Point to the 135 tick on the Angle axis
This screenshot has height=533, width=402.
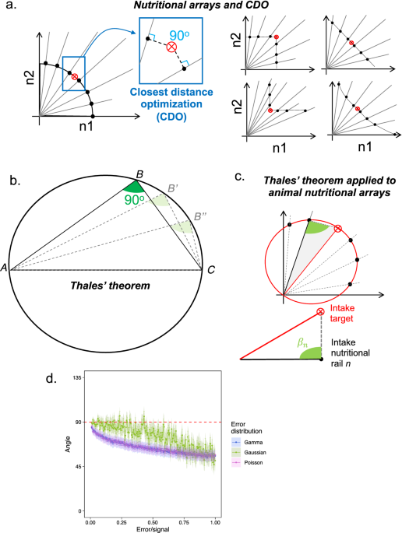77,377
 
